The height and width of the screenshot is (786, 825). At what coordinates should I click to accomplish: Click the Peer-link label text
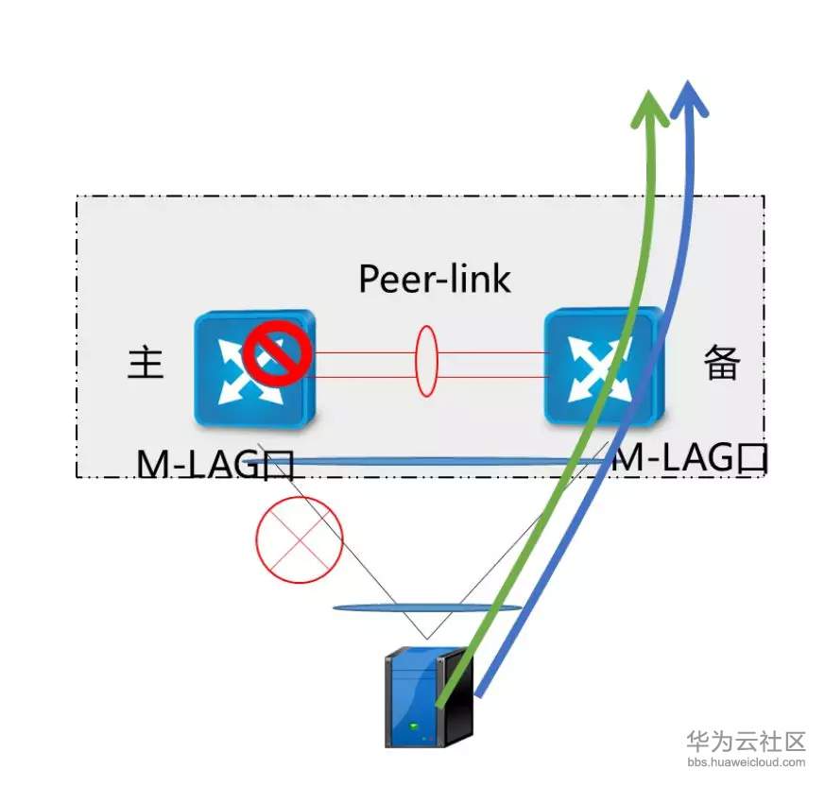435,279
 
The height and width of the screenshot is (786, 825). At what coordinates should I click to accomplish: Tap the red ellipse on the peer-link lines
426,362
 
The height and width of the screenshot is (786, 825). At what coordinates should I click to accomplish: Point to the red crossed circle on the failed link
298,539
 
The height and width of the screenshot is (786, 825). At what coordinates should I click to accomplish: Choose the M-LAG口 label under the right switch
690,459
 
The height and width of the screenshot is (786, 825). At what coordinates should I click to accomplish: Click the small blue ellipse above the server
427,607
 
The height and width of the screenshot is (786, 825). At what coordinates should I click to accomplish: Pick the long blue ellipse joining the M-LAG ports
444,462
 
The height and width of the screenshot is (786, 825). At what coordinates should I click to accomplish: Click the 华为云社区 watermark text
746,740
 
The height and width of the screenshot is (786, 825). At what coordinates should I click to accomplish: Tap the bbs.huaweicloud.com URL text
746,762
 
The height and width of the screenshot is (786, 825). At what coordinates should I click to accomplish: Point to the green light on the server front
414,726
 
